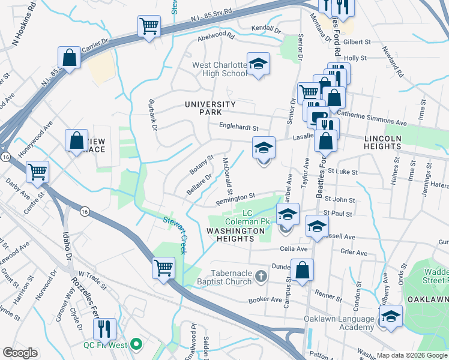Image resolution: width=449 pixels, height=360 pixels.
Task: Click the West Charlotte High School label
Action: (219, 69)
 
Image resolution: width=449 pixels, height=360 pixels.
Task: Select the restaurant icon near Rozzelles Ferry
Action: (104, 328)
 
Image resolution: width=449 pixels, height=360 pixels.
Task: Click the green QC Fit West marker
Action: (137, 344)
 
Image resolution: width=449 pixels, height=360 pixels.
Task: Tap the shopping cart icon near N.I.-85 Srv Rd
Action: (148, 26)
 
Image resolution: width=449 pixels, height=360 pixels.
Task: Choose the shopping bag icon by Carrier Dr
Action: (70, 58)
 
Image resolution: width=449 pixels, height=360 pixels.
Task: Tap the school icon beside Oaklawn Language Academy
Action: (391, 316)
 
